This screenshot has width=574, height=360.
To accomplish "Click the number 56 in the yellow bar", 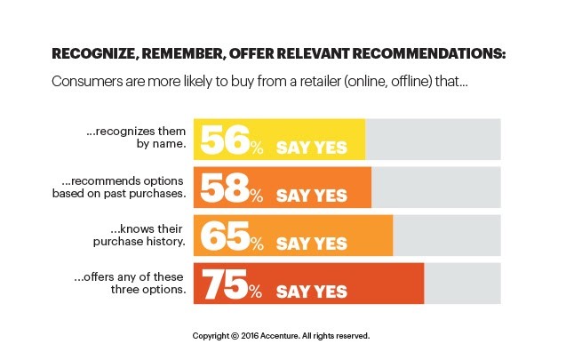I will [x=225, y=140].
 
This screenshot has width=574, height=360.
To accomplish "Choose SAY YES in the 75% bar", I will [x=311, y=291].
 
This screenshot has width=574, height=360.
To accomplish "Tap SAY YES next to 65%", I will [x=311, y=243].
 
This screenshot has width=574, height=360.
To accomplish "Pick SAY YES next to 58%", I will [x=311, y=195].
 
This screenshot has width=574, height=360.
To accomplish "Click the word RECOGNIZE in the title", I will [x=92, y=53].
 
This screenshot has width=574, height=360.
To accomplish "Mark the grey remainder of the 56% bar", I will [x=433, y=140].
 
